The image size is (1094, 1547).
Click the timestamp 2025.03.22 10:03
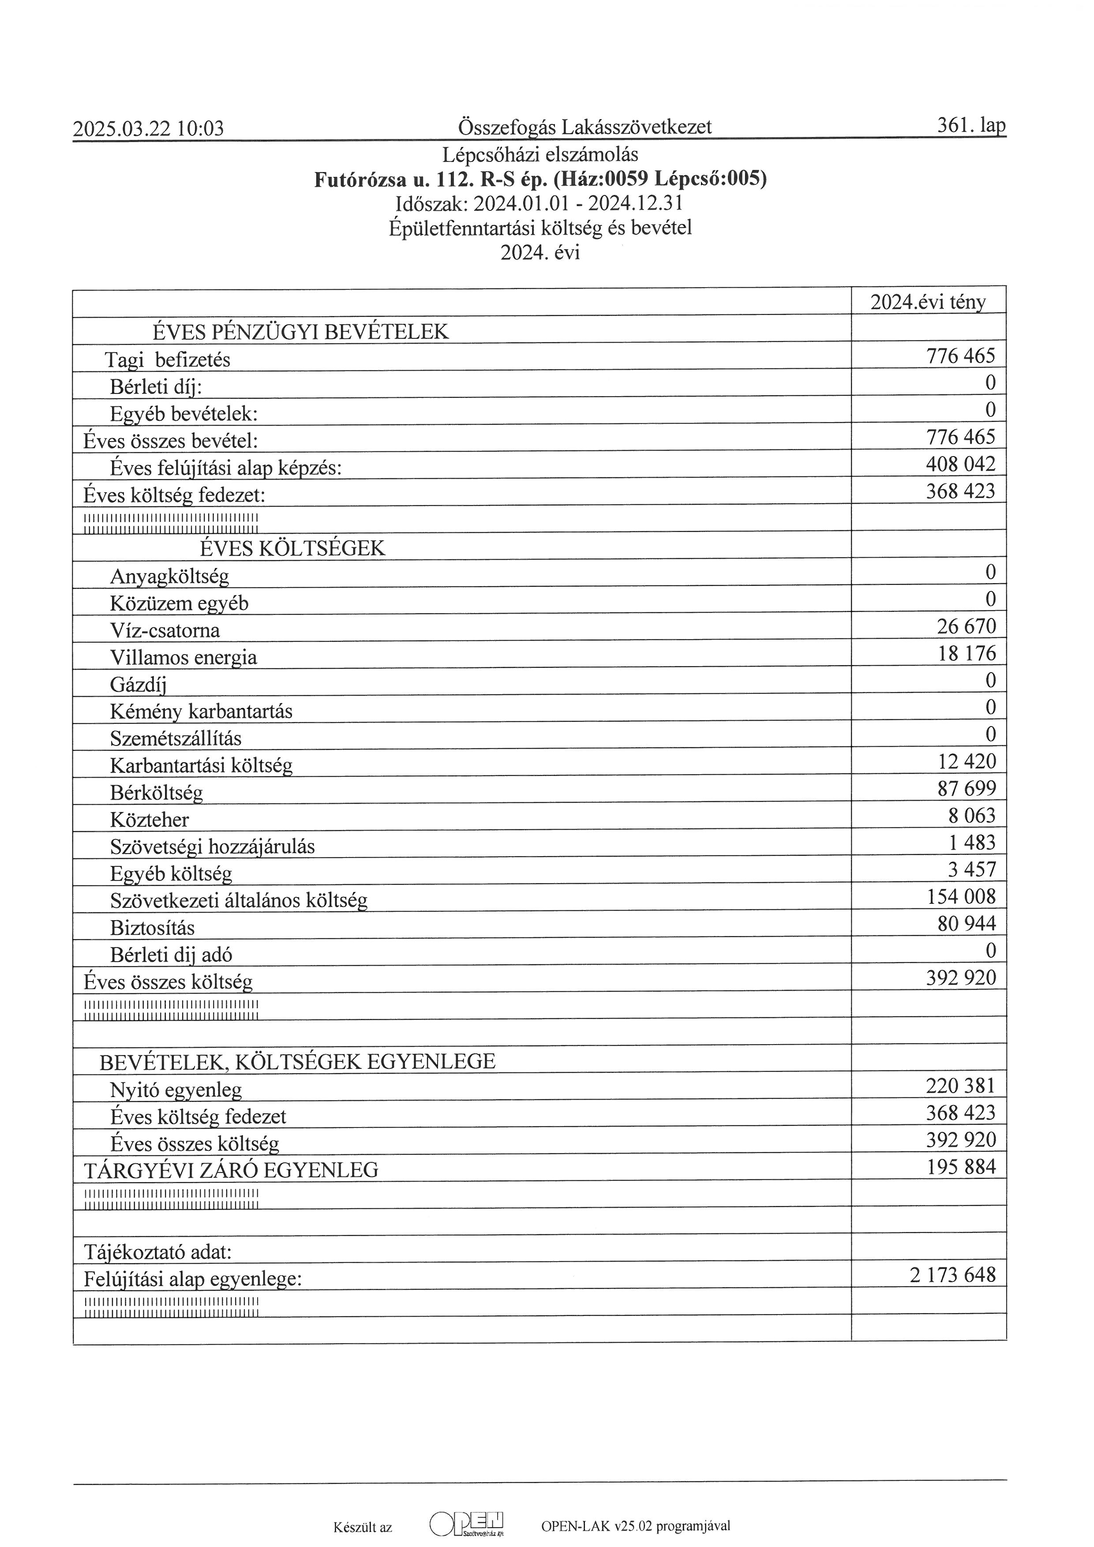148,128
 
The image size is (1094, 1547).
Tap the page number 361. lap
971,125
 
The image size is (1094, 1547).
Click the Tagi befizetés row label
167,360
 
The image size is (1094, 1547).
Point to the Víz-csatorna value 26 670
966,627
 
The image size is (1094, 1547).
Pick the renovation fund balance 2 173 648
952,1275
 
